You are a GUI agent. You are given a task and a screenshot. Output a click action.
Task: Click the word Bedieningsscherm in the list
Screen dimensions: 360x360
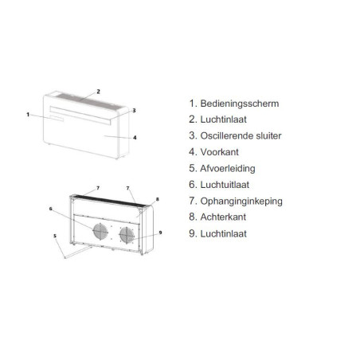[x=240, y=104]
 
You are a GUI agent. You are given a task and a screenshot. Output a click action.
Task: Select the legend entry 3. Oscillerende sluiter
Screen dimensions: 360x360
[x=235, y=135]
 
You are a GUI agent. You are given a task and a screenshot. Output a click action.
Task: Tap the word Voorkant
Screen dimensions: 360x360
[x=219, y=152]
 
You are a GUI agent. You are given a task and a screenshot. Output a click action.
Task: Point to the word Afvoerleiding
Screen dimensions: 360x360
[x=228, y=168]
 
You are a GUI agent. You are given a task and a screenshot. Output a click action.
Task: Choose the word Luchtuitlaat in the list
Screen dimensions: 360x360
[x=225, y=185]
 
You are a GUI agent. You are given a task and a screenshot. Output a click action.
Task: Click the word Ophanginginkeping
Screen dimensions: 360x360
[x=241, y=202]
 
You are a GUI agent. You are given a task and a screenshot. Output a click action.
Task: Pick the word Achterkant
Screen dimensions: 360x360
[x=223, y=217]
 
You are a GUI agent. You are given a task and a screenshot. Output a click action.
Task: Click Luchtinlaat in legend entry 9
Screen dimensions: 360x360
[x=223, y=233]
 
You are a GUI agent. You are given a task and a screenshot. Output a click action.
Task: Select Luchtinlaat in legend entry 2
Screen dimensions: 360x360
[x=223, y=119]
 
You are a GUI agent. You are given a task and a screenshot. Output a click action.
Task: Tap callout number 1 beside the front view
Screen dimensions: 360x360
[x=28, y=115]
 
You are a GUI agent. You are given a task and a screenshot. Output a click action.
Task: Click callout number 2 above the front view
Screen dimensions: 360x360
[x=98, y=92]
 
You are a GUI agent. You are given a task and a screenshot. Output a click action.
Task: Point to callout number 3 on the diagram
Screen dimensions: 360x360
[x=134, y=110]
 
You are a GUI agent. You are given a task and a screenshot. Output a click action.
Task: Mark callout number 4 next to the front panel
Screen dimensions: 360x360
[x=135, y=138]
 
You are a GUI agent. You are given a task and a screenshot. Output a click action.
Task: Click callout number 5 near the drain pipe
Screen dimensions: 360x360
[x=55, y=236]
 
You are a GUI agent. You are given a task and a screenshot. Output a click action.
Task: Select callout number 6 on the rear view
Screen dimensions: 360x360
[x=51, y=209]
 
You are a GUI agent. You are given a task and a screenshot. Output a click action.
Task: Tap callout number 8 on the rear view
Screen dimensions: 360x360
[x=157, y=199]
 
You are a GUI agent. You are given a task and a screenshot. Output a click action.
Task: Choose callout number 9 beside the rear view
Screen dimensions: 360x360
[x=160, y=233]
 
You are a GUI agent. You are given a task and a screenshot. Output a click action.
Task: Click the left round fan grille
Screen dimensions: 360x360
[x=100, y=231]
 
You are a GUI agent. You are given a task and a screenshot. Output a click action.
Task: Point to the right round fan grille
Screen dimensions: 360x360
[x=127, y=235]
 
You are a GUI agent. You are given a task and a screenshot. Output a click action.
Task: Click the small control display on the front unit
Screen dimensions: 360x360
[x=56, y=119]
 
